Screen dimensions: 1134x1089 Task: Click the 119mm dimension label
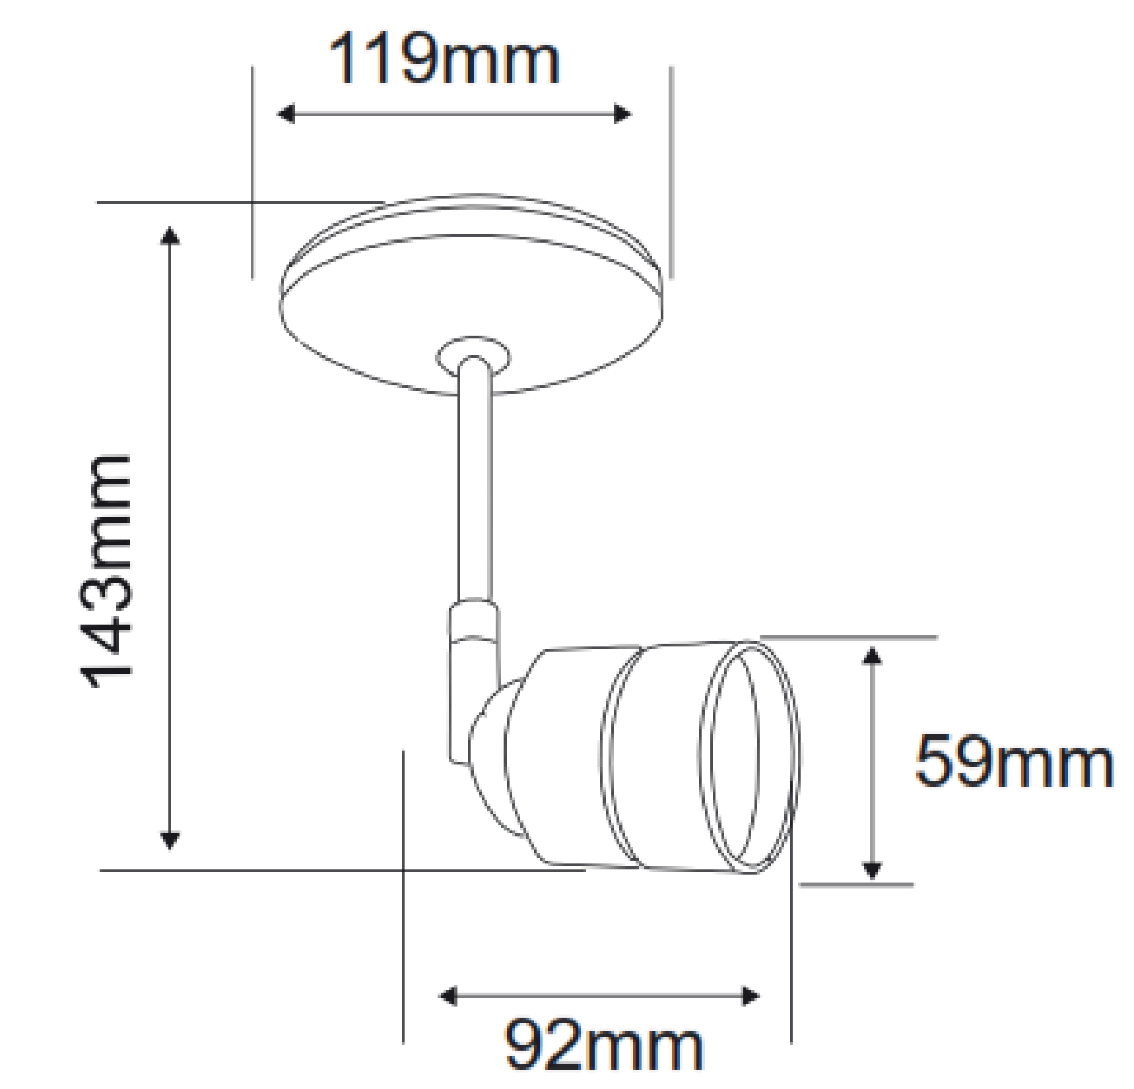(x=444, y=60)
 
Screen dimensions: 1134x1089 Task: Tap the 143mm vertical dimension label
(x=106, y=571)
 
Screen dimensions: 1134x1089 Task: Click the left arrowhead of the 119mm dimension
(x=285, y=114)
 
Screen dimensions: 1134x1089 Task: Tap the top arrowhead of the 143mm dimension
(x=170, y=235)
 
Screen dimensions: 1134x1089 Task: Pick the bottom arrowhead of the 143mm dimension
(x=170, y=840)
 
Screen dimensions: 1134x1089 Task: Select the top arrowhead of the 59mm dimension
(x=873, y=656)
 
